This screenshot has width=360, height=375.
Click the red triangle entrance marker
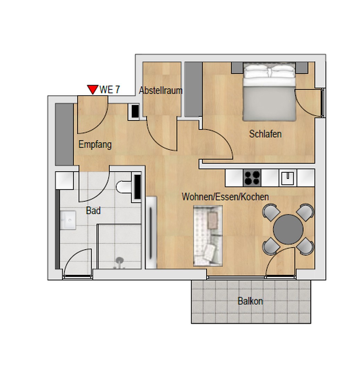pos(92,90)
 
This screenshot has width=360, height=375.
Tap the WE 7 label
pos(110,90)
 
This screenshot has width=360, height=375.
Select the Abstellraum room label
pos(161,91)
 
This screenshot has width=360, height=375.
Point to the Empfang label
pos(95,144)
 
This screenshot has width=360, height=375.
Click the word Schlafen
pos(265,134)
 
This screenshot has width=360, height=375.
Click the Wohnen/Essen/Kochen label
pos(225,197)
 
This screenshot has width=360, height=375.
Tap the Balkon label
pos(250,301)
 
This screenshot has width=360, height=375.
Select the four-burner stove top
pos(252,178)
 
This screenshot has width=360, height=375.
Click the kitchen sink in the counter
pos(288,178)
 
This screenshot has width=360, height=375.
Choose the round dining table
pos(288,229)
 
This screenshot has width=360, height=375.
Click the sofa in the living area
pos(208,236)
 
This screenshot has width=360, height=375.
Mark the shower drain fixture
pos(119,261)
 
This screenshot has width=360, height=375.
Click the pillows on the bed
pos(269,72)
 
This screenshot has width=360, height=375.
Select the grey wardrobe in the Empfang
pos(65,134)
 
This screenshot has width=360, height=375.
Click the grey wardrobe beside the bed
pos(193,89)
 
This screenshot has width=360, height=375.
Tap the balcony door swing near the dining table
pos(280,262)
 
